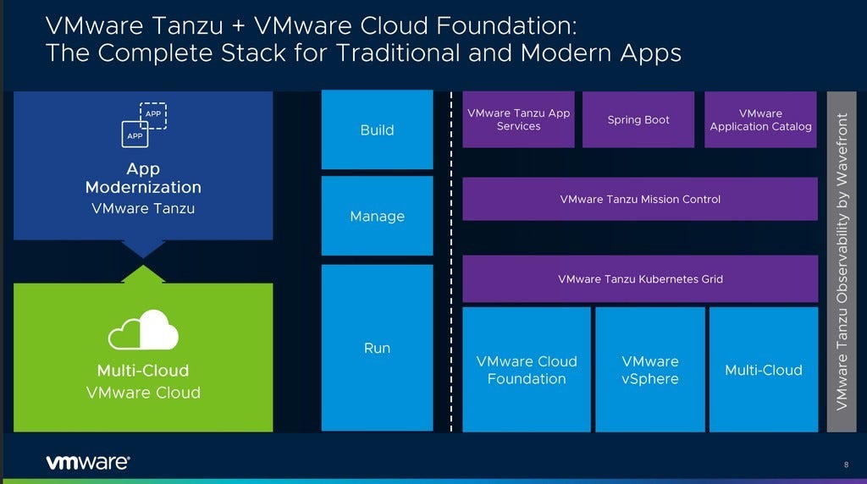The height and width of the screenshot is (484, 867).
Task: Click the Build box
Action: [377, 129]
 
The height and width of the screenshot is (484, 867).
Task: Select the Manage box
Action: [377, 216]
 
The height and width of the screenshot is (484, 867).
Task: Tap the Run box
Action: [377, 348]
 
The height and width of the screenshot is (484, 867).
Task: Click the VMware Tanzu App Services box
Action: [518, 119]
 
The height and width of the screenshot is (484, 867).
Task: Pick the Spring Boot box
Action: [638, 119]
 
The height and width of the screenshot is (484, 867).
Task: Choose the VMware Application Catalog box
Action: [760, 119]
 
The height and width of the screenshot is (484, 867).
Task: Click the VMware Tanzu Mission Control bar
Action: [640, 199]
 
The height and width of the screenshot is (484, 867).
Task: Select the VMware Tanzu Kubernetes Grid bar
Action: [640, 278]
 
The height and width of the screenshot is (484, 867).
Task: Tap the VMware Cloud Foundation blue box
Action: [526, 370]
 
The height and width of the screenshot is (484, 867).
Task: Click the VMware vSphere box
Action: [650, 370]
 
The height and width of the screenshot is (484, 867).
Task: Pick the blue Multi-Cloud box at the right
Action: [763, 370]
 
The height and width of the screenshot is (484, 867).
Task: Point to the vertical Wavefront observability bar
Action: [841, 261]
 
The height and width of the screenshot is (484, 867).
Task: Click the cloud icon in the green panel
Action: [143, 331]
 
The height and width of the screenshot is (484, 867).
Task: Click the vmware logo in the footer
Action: [87, 462]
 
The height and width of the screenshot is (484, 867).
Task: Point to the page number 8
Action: [846, 464]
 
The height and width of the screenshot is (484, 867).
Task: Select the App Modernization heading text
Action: [143, 178]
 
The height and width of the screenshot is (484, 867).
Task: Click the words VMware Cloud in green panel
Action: [143, 393]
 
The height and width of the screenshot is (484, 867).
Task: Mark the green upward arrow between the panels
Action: [143, 274]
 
